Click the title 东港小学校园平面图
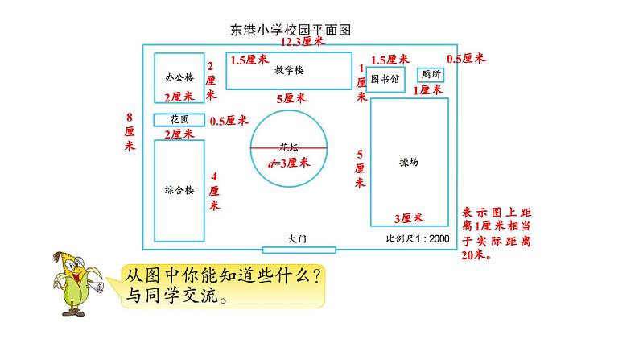pyautogui.click(x=294, y=30)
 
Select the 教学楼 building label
pyautogui.click(x=288, y=70)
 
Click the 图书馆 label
pyautogui.click(x=385, y=79)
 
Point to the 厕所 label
pyautogui.click(x=431, y=73)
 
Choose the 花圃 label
pyautogui.click(x=180, y=119)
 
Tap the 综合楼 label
pyautogui.click(x=179, y=191)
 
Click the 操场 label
pyautogui.click(x=409, y=161)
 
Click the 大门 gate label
pyautogui.click(x=299, y=238)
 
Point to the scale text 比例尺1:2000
pyautogui.click(x=418, y=239)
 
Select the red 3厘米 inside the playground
pyautogui.click(x=409, y=218)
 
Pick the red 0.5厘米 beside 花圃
pyautogui.click(x=229, y=121)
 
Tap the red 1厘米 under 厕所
pyautogui.click(x=427, y=90)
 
